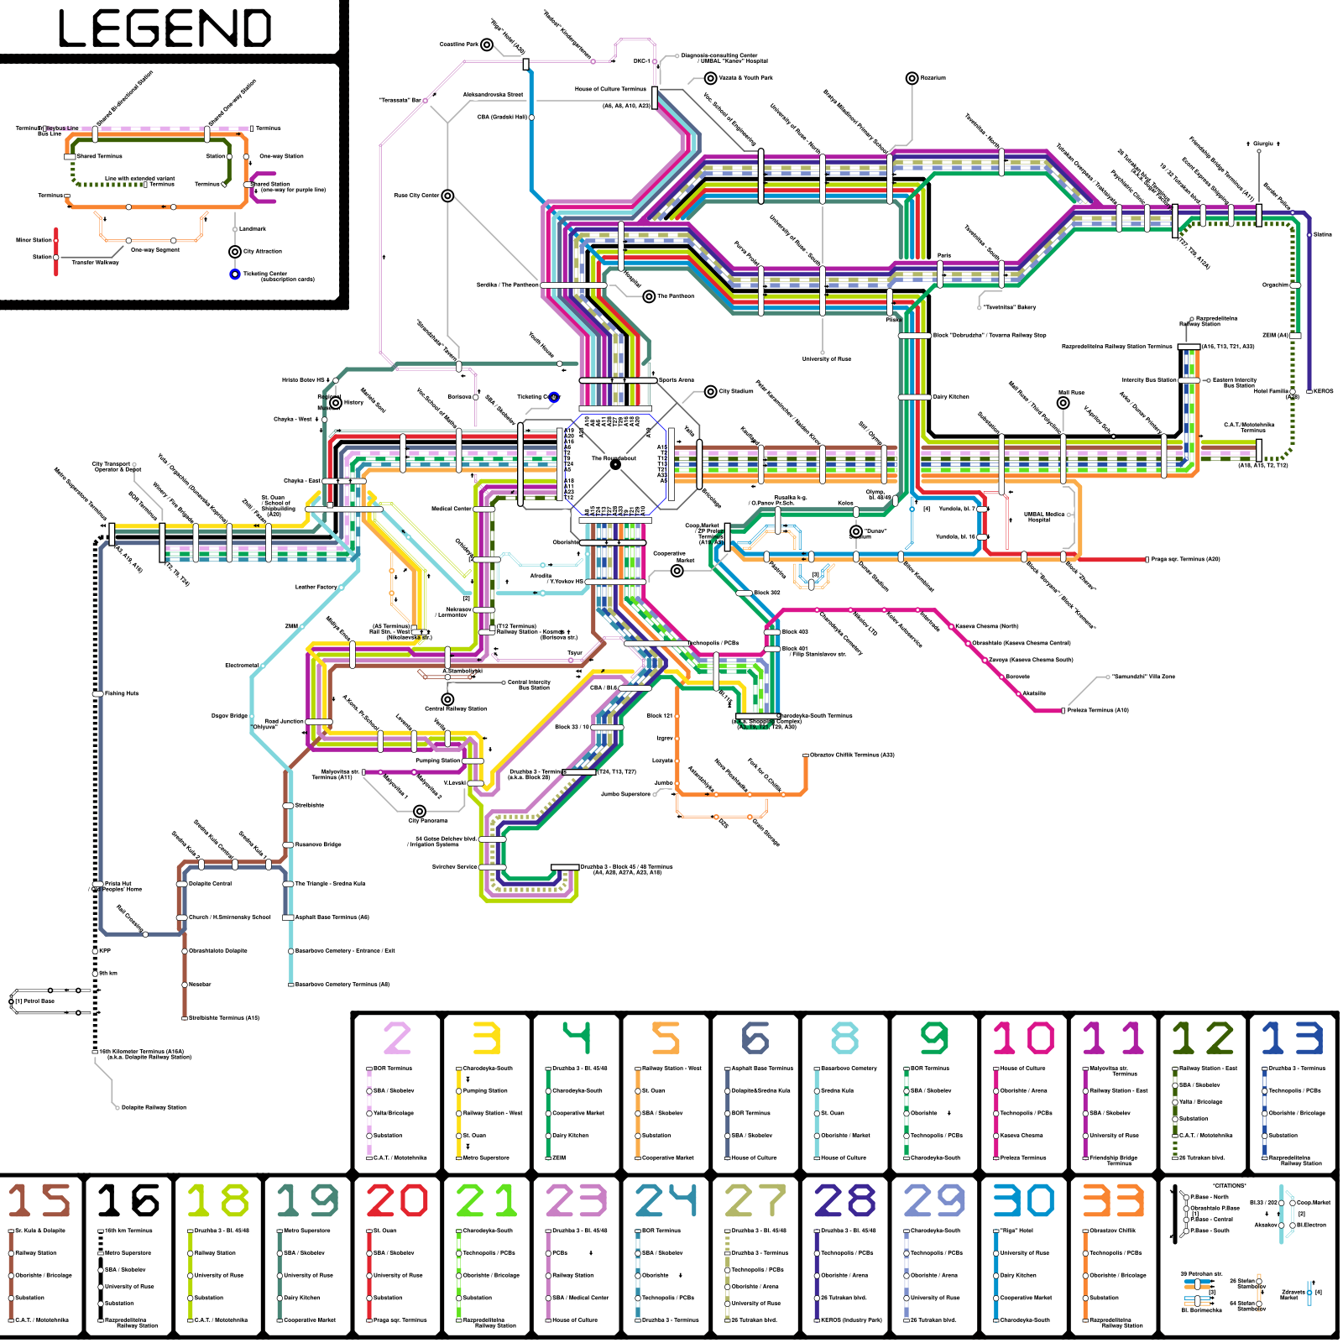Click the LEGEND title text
click(165, 29)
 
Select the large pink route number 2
click(397, 1038)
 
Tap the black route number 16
click(128, 1200)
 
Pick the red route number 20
click(397, 1200)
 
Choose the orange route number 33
click(1113, 1200)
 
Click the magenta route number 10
click(1023, 1038)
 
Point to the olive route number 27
click(755, 1200)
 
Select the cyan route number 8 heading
click(844, 1038)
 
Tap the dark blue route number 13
click(1292, 1038)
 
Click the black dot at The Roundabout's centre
click(615, 464)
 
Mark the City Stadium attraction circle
click(711, 391)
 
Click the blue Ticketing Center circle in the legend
click(235, 274)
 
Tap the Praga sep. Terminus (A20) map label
click(1185, 559)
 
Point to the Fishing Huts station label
click(122, 693)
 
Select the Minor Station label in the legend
click(34, 240)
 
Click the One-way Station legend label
click(281, 156)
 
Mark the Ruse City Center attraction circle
click(448, 196)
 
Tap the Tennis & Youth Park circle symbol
click(710, 78)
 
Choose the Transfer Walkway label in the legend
click(95, 263)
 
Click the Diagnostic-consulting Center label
click(719, 56)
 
